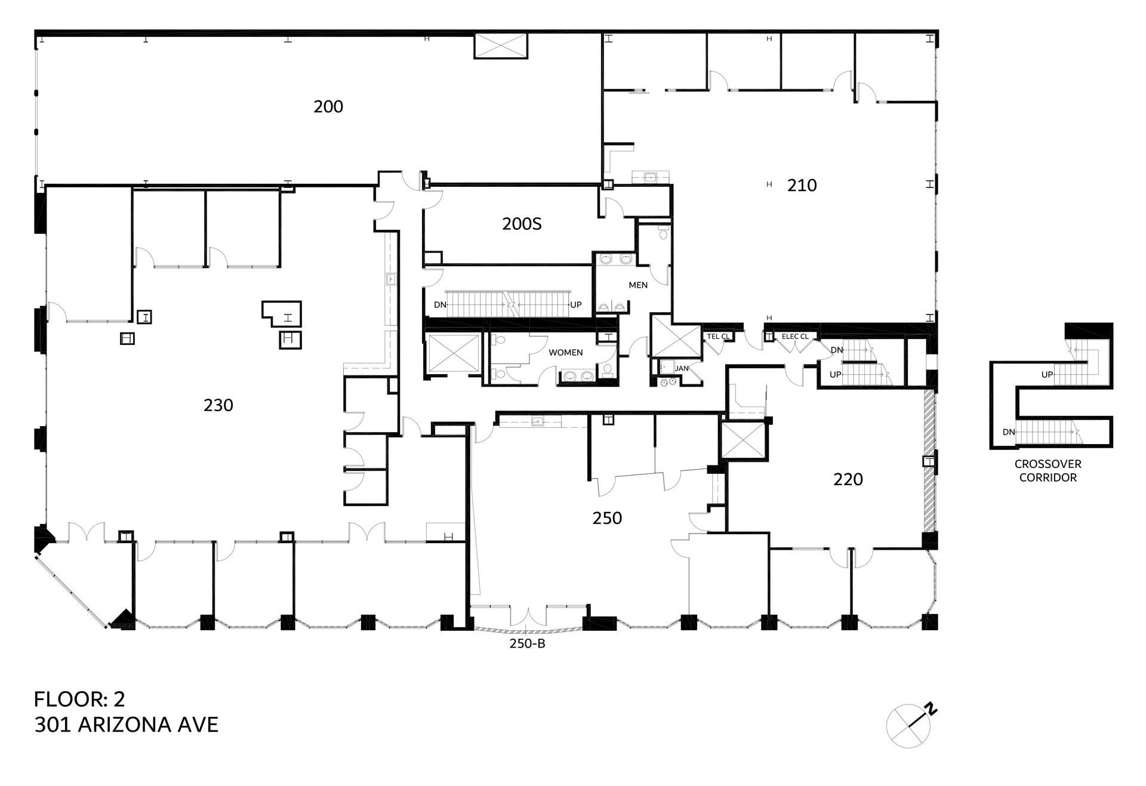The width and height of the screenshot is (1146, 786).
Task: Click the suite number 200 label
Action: tap(328, 107)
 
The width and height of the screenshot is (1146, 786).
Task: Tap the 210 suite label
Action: tap(802, 186)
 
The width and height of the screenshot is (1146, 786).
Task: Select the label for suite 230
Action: tap(218, 405)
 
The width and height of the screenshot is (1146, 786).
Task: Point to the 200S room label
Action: tap(522, 224)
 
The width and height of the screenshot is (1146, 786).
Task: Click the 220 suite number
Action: tap(848, 479)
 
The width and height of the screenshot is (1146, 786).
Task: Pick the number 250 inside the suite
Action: tap(607, 518)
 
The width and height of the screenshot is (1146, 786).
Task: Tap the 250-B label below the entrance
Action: tap(527, 643)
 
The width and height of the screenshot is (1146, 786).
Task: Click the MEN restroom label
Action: tap(638, 285)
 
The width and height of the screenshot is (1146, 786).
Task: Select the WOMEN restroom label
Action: tap(566, 353)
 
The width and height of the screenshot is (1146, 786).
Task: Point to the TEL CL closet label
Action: tap(718, 337)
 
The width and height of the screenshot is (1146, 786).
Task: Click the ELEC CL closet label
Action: tap(795, 337)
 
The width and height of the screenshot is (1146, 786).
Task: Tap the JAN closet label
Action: tap(682, 368)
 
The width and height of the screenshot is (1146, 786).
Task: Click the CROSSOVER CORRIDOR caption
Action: tap(1048, 471)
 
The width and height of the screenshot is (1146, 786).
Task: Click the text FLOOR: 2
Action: tap(79, 699)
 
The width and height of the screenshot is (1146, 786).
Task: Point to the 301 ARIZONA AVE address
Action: tap(127, 725)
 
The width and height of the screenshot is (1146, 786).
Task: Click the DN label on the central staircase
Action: tap(440, 305)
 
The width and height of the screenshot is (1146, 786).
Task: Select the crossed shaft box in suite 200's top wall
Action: tap(501, 46)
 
